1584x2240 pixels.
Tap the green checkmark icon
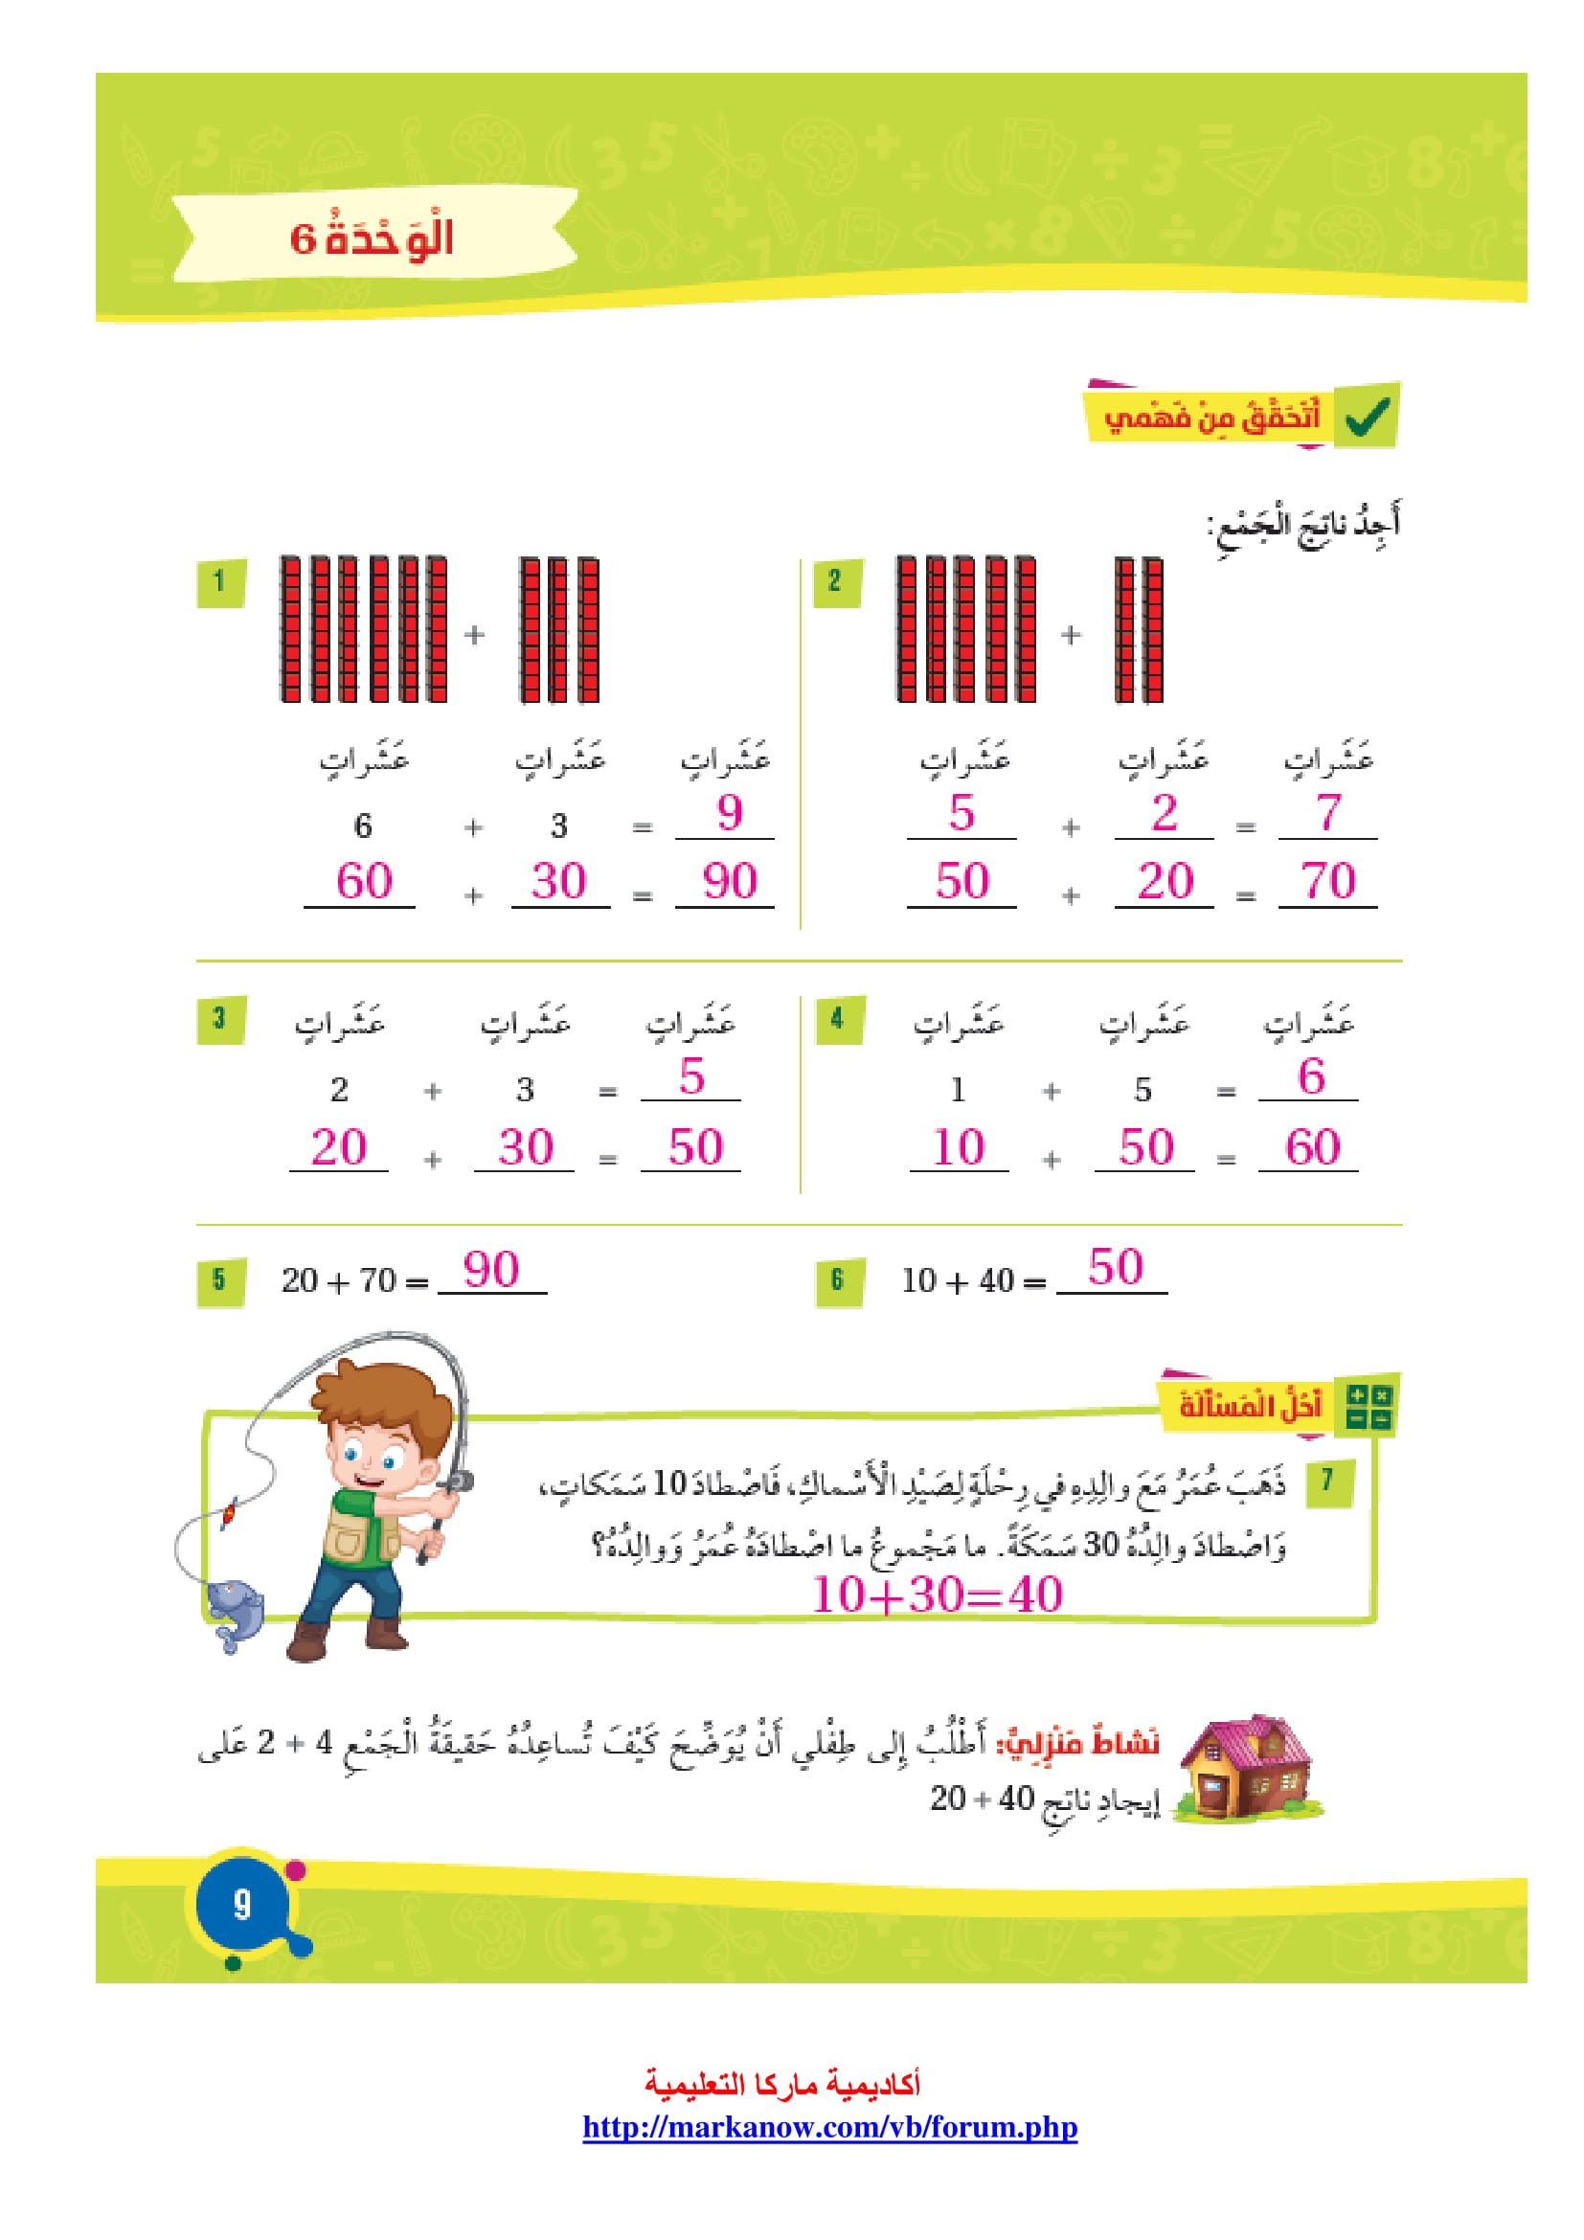(x=1367, y=417)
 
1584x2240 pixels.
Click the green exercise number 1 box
(x=219, y=582)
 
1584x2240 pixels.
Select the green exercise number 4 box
(x=838, y=1020)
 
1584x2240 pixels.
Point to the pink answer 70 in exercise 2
(x=1327, y=882)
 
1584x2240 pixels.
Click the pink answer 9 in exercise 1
(x=729, y=813)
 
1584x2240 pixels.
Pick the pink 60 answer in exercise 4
(x=1312, y=1147)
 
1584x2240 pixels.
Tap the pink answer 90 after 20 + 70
(x=490, y=1270)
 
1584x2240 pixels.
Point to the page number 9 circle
(x=242, y=1904)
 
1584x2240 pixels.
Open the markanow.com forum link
(x=829, y=2127)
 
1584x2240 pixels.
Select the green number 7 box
(x=1327, y=1481)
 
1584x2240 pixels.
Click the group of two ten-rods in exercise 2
(x=1139, y=630)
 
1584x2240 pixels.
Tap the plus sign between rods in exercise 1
(x=474, y=635)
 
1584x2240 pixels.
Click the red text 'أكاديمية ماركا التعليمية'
(x=781, y=2085)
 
